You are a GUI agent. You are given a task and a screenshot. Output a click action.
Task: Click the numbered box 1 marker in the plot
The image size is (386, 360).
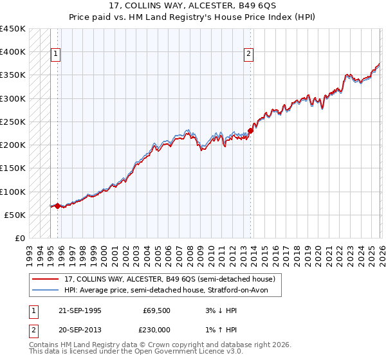pos(57,55)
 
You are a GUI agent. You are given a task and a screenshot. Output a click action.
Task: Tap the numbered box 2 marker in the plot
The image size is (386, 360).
pos(248,55)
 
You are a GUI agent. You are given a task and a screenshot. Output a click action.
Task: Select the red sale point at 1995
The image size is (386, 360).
pos(58,206)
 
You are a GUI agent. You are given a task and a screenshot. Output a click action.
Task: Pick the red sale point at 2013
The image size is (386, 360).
pos(250,131)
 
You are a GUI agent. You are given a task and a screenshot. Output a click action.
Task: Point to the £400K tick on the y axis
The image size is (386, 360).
pos(13,52)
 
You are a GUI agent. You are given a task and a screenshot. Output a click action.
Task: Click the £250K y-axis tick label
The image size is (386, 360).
pos(13,122)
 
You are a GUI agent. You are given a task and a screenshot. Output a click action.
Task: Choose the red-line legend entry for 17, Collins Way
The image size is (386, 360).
pos(170,279)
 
